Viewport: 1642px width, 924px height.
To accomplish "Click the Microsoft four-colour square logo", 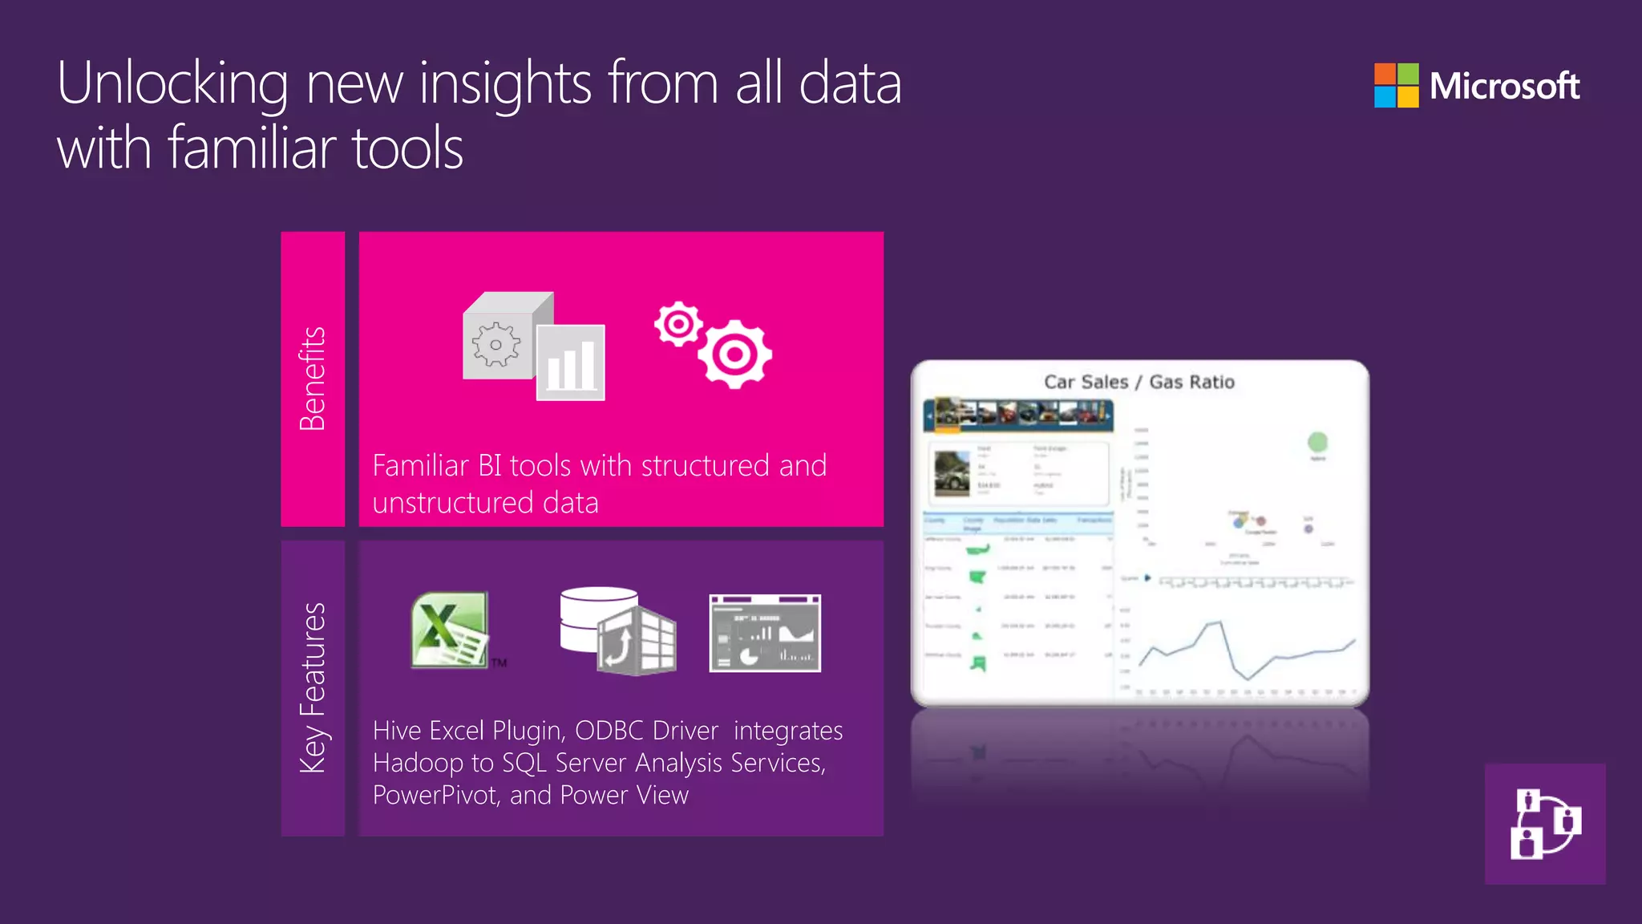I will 1396,85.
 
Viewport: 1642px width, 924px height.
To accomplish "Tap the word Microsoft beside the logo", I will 1504,86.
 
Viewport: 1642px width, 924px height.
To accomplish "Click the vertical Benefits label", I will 313,379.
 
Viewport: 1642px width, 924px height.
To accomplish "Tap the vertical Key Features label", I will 313,687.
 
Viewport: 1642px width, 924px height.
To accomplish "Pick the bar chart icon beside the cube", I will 571,363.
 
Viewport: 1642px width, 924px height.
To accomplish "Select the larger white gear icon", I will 734,354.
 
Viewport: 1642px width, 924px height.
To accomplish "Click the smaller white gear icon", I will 678,324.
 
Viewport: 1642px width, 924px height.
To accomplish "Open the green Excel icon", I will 450,630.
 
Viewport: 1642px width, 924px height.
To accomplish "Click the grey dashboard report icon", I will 765,633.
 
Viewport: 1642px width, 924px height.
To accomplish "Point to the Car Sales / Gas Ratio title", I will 1138,382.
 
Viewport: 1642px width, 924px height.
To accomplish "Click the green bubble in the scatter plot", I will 1317,442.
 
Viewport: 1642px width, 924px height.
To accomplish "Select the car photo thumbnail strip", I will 1018,414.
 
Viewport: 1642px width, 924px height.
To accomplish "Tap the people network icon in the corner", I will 1545,824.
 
